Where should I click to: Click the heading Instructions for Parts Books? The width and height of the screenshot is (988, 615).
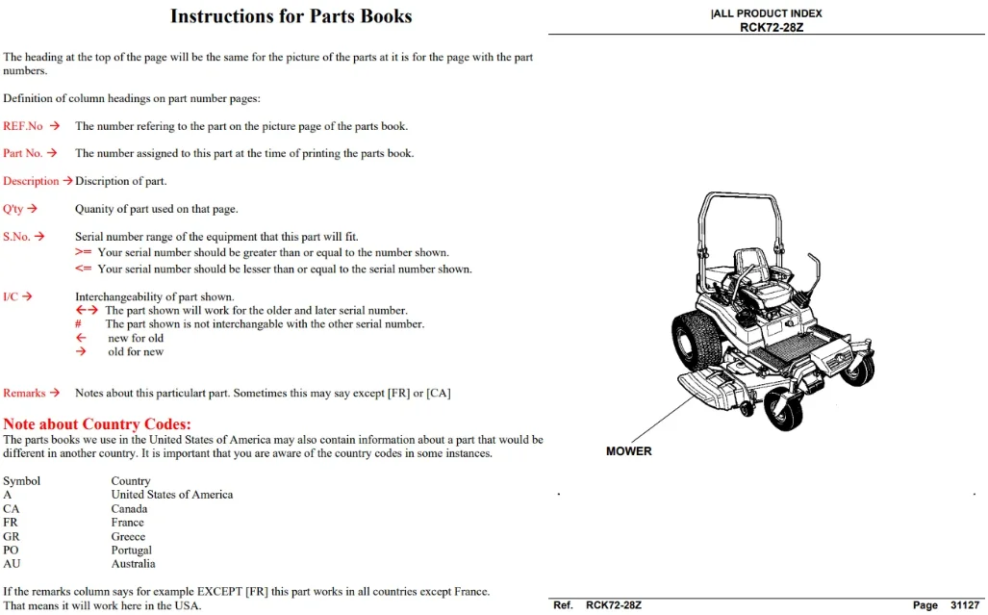(x=291, y=16)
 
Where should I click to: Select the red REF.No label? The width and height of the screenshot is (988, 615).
(x=23, y=126)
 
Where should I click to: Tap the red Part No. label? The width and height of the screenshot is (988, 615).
(x=23, y=153)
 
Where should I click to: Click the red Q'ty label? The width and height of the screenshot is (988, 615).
(x=13, y=209)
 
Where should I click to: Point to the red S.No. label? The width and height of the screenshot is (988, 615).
(x=16, y=237)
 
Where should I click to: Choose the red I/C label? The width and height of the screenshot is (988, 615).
(x=10, y=296)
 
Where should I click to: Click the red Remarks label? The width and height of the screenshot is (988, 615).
(x=24, y=394)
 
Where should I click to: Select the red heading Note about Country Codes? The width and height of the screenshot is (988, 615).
(x=97, y=424)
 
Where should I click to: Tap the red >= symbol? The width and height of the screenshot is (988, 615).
(x=83, y=252)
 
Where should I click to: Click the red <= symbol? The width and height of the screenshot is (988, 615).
(x=83, y=269)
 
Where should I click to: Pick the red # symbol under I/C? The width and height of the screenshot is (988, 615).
(x=78, y=324)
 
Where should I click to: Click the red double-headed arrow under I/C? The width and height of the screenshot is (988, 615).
(x=87, y=310)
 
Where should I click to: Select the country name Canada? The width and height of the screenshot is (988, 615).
(x=129, y=509)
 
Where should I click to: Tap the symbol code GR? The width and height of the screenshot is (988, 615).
(x=12, y=537)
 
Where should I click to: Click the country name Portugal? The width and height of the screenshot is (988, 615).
(x=132, y=551)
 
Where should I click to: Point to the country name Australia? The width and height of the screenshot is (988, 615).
(x=133, y=564)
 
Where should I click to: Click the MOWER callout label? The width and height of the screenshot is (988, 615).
(x=629, y=451)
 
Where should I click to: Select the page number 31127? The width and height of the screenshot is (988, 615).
(x=965, y=605)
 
